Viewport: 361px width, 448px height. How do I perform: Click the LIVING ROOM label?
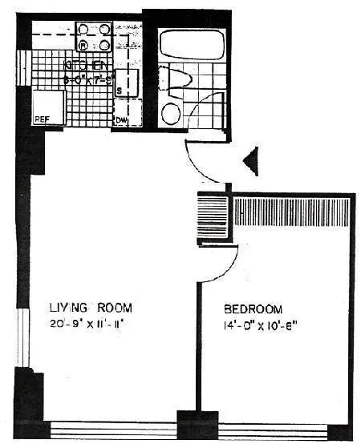(90, 307)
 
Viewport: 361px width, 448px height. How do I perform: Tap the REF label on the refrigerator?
(43, 120)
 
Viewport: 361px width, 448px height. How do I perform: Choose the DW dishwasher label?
(120, 120)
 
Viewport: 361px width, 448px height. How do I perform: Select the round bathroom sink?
(172, 113)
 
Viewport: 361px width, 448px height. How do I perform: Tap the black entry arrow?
(251, 161)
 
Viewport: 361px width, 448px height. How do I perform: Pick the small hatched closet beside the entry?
(213, 216)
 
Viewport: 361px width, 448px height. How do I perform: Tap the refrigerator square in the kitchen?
(47, 105)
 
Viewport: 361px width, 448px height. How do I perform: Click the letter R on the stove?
(83, 45)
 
